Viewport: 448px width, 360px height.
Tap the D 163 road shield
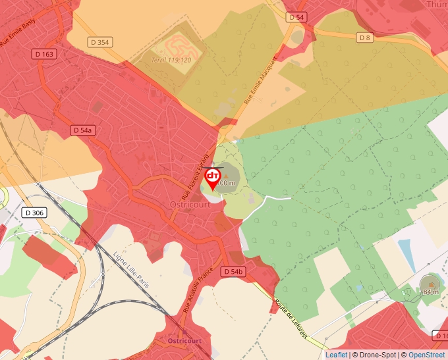pos(44,54)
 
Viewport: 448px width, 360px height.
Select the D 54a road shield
pos(82,131)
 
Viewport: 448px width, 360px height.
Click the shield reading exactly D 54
pos(296,17)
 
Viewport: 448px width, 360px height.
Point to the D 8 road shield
pos(365,38)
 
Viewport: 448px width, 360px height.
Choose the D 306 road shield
pos(34,213)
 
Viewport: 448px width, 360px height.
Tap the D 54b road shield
pos(233,272)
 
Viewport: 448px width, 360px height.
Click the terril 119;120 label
pos(171,60)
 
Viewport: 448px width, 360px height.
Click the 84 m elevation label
pos(432,292)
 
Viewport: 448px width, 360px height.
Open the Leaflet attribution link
pos(336,355)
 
